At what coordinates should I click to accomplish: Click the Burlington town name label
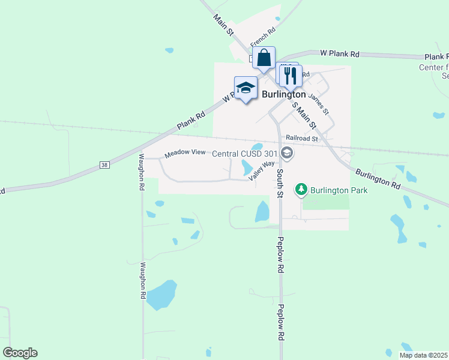click(284, 94)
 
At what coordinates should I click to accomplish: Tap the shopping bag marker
click(264, 59)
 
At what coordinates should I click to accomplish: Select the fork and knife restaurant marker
click(291, 75)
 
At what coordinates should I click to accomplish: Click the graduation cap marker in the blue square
click(246, 88)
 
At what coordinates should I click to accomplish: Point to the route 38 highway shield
click(104, 165)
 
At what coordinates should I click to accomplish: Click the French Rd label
click(263, 37)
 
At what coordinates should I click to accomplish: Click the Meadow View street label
click(185, 152)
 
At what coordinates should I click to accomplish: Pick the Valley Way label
click(262, 170)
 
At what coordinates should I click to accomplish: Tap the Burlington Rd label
click(377, 179)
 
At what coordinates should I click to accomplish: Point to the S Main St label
click(304, 115)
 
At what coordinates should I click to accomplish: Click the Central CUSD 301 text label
click(245, 154)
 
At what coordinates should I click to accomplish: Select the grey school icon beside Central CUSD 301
click(287, 154)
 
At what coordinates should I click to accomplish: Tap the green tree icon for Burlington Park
click(301, 191)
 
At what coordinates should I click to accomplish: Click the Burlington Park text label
click(339, 191)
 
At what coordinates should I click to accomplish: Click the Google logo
click(20, 353)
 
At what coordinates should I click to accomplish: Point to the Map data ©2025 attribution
click(423, 355)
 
